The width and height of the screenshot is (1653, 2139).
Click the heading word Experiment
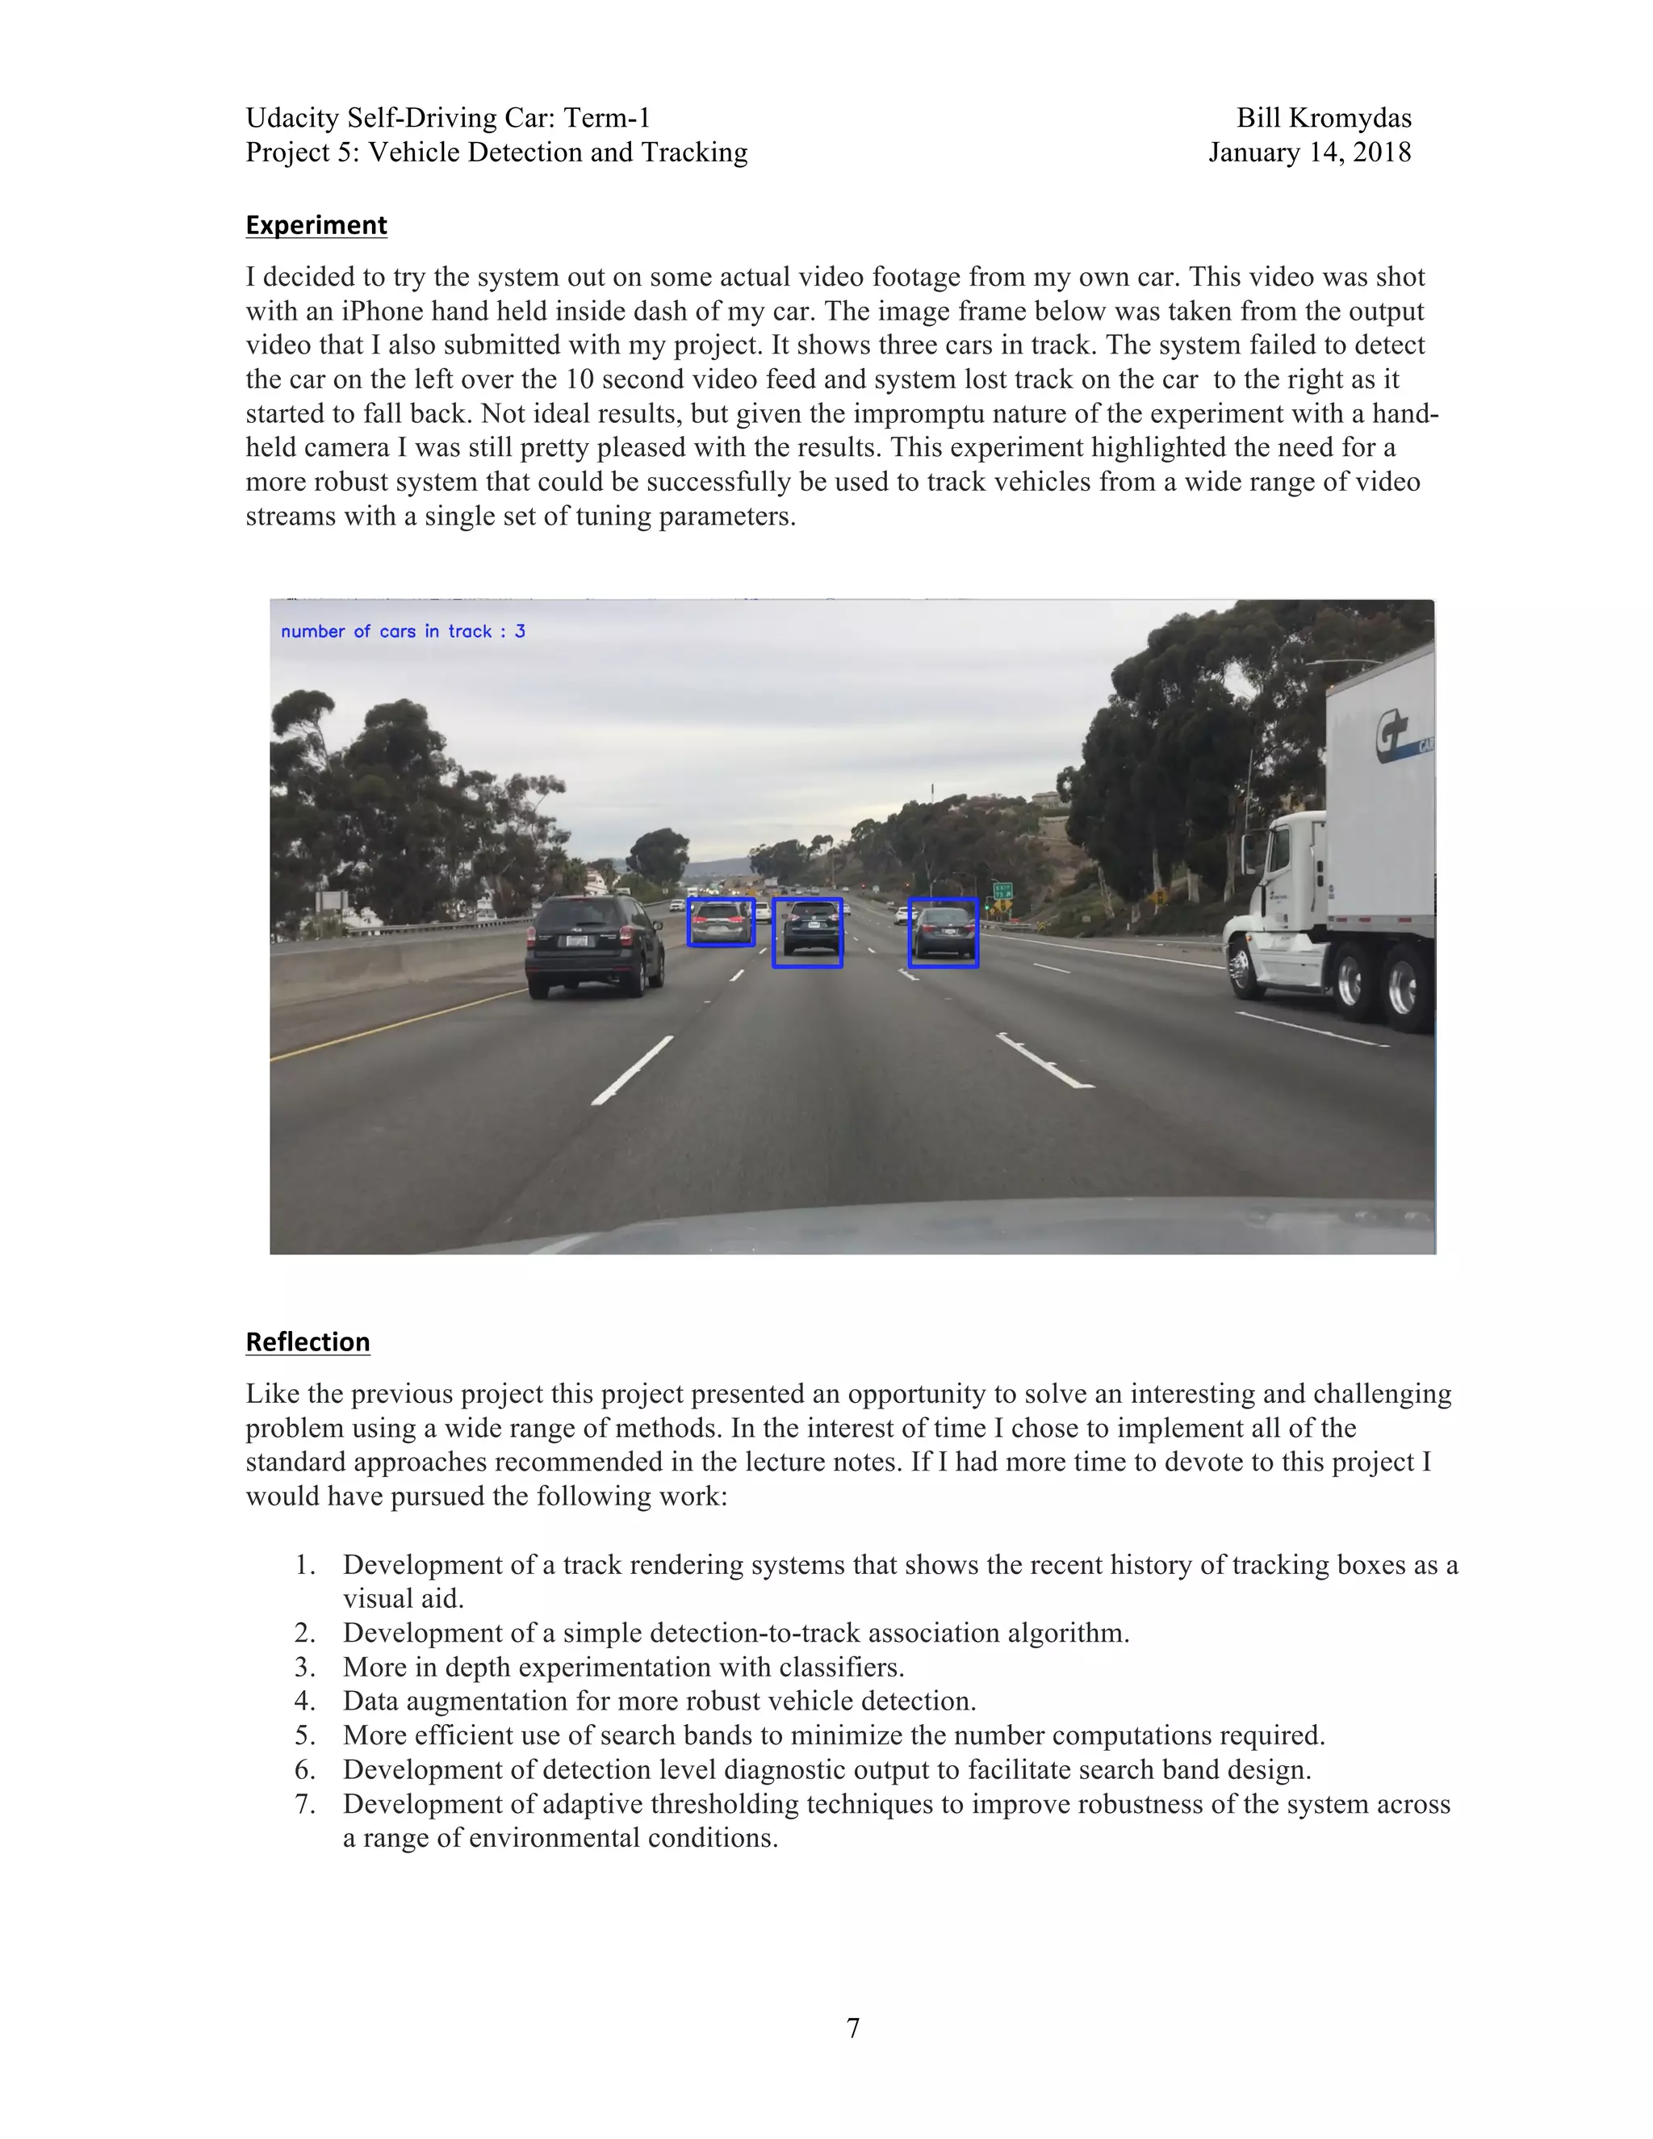tap(316, 225)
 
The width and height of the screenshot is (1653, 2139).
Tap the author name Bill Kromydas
tap(1323, 119)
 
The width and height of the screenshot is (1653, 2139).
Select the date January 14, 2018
tap(1309, 153)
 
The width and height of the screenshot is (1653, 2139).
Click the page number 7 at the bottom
tap(853, 2028)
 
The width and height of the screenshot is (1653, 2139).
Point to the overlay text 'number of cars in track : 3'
tap(403, 632)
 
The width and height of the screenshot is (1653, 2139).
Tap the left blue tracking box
tap(721, 923)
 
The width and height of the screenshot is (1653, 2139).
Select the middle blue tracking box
tap(807, 932)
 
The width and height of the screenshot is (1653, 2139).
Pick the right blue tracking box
tap(943, 932)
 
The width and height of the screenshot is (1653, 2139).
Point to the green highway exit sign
tap(1002, 890)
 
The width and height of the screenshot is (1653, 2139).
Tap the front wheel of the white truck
tap(1241, 968)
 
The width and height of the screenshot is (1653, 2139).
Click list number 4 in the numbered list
tap(304, 1702)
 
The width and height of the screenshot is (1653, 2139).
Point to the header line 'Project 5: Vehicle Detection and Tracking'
tap(496, 153)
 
